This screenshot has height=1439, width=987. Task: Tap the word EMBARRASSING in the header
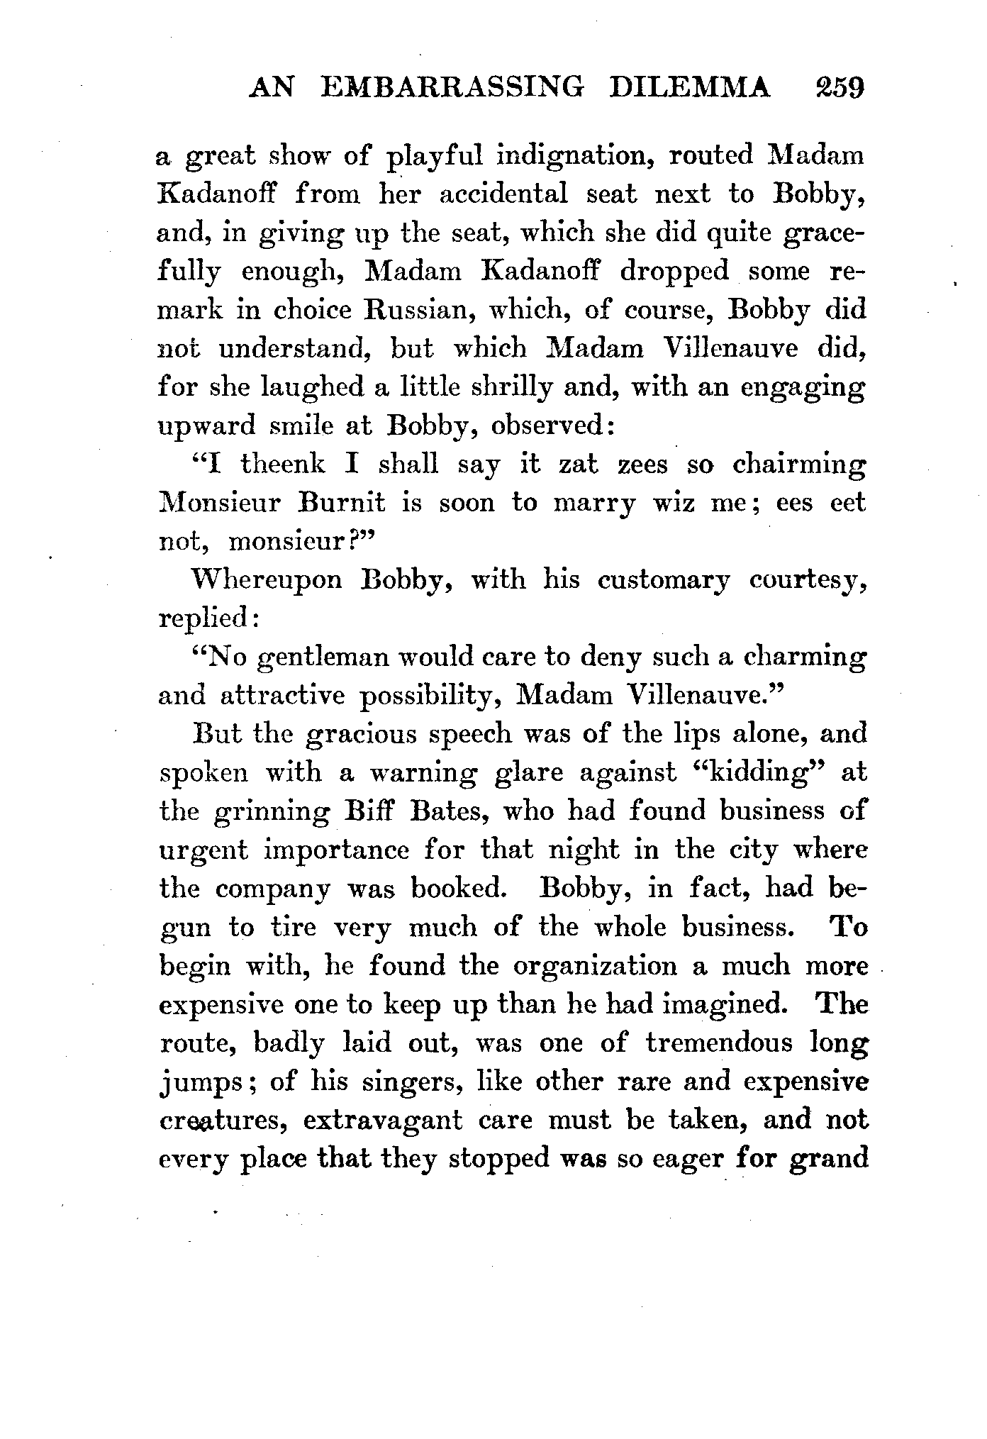452,90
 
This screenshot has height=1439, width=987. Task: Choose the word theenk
282,465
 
